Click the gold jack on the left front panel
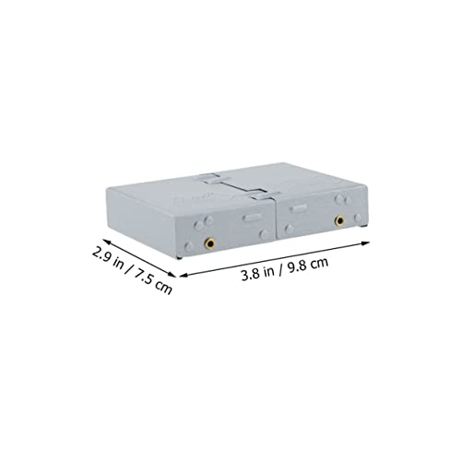pyautogui.click(x=210, y=243)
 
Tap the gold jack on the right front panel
pyautogui.click(x=339, y=220)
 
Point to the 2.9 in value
pyautogui.click(x=107, y=257)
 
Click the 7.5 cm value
pyautogui.click(x=153, y=281)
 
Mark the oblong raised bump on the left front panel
pyautogui.click(x=252, y=219)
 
